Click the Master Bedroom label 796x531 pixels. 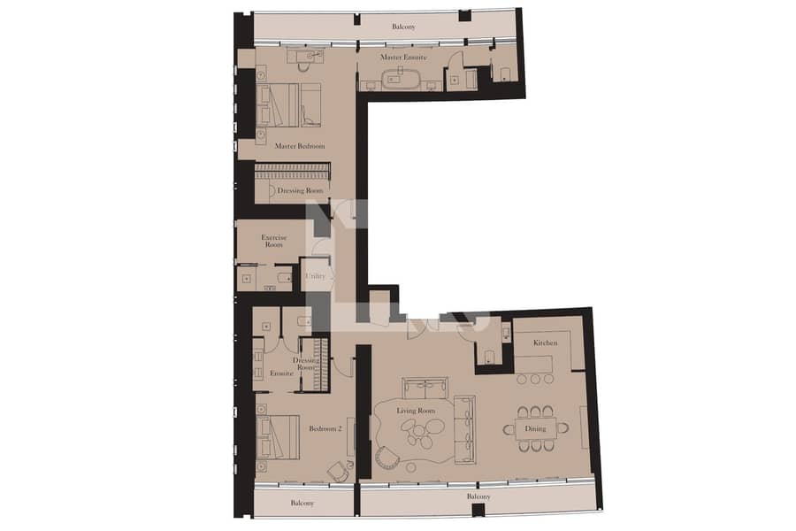pos(300,146)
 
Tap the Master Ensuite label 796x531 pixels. pos(403,58)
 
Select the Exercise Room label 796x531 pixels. pos(273,241)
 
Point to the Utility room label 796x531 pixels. pos(315,276)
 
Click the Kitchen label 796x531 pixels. pos(545,343)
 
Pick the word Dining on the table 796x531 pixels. pos(535,428)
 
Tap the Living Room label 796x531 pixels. pos(416,411)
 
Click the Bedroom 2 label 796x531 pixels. pos(325,428)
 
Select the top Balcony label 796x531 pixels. pos(403,27)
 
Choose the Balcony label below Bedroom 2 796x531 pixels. pos(302,503)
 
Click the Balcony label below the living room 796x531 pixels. pos(478,496)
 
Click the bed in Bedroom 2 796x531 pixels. pos(278,437)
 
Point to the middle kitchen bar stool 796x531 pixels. pos(535,379)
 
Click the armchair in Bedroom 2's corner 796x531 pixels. pos(339,472)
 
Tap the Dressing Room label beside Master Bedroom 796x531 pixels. pos(300,190)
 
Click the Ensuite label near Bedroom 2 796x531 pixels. pos(282,373)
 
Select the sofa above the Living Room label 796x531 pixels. pos(425,389)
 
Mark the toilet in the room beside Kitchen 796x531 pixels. pos(489,356)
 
